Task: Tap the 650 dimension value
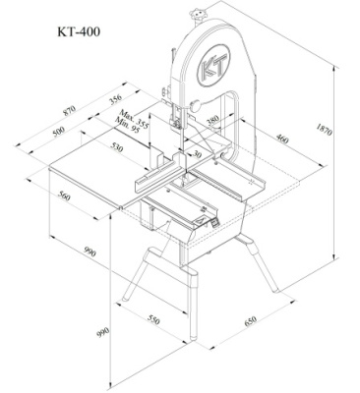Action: pyautogui.click(x=250, y=320)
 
